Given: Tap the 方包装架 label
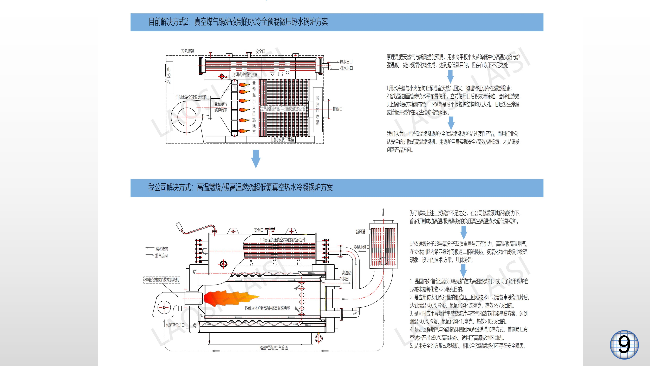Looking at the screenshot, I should click(188, 51).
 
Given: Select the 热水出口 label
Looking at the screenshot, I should click(346, 62).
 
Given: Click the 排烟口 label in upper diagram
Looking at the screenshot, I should click(337, 109).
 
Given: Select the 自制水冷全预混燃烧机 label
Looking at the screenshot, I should click(191, 97).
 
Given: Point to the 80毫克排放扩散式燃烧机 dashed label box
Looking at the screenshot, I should click(162, 280).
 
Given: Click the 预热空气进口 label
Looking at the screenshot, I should click(175, 325).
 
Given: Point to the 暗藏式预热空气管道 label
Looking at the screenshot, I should click(274, 348).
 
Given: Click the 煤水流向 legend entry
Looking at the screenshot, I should click(162, 249).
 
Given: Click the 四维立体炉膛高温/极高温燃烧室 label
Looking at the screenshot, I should click(267, 308).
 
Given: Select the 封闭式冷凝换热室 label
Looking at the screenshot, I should click(245, 74).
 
